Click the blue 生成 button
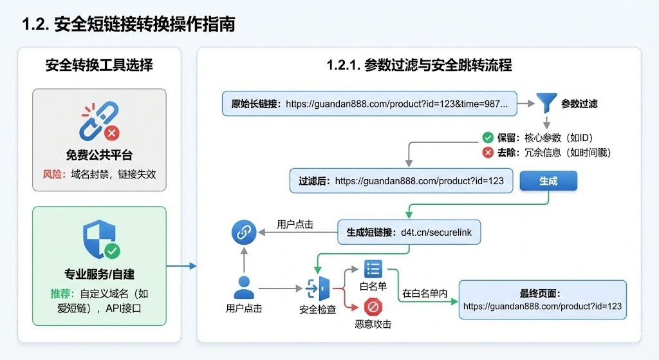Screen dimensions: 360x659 click(x=548, y=181)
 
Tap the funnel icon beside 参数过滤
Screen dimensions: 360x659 click(x=546, y=103)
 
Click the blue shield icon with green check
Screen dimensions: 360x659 click(x=100, y=241)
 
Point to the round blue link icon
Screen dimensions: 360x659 click(x=244, y=233)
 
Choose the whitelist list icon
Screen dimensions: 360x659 click(x=373, y=269)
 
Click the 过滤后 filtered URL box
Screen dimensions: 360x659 click(x=401, y=181)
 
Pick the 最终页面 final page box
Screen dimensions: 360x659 click(x=542, y=299)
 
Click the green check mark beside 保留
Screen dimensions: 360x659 click(x=488, y=137)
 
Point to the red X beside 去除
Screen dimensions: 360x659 click(x=488, y=153)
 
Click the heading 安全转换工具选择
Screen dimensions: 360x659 click(x=99, y=65)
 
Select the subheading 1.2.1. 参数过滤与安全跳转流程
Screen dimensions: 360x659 click(x=419, y=65)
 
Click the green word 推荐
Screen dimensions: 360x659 click(x=61, y=294)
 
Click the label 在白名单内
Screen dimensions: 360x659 click(x=425, y=293)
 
